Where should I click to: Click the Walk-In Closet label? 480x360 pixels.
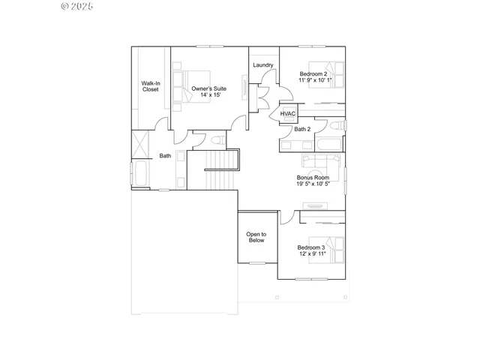coord(151,86)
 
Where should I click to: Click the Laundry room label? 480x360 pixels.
coord(262,65)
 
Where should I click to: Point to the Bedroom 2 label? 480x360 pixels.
coord(313,73)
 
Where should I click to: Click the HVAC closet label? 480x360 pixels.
coord(289,114)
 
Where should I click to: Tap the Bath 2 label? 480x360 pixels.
coord(302,129)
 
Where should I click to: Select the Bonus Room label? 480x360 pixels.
coord(313,178)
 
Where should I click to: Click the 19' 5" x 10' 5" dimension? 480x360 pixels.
coord(313,184)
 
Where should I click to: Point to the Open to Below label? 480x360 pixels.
coord(256,237)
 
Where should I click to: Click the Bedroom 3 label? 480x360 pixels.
coord(310,247)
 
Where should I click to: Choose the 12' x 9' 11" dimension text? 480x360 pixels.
coord(310,254)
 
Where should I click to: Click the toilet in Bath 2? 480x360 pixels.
coord(338,126)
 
